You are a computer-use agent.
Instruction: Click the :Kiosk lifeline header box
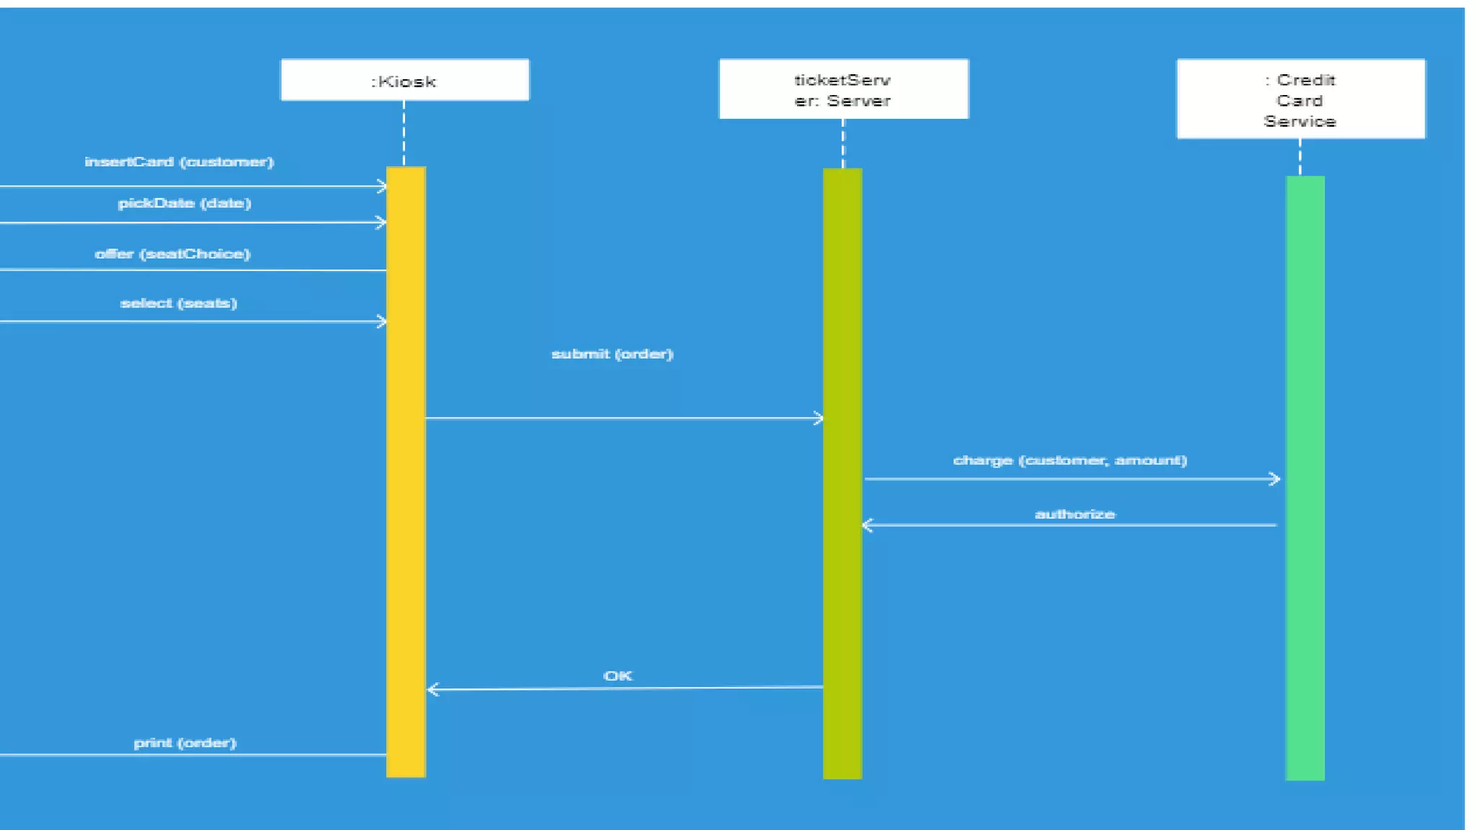404,80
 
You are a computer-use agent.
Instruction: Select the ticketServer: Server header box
843,89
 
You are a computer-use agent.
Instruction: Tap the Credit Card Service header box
1300,99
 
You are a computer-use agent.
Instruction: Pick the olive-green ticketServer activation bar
843,576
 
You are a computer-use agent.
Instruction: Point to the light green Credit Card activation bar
1304,612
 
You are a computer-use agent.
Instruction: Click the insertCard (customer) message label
179,162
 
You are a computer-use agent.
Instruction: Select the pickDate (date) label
184,203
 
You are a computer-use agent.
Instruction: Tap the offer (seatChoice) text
173,254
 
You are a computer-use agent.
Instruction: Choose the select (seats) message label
179,303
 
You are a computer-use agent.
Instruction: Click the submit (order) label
612,354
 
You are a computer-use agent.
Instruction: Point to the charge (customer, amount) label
1070,460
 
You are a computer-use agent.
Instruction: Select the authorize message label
1075,514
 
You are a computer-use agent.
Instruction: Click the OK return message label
618,676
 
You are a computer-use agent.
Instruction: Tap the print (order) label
185,743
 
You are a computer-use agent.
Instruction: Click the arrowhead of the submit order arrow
818,418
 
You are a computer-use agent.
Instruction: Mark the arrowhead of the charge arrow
1275,478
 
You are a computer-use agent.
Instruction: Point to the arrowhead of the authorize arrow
868,525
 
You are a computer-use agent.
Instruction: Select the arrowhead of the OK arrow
432,690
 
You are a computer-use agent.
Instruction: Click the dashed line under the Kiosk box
404,133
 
